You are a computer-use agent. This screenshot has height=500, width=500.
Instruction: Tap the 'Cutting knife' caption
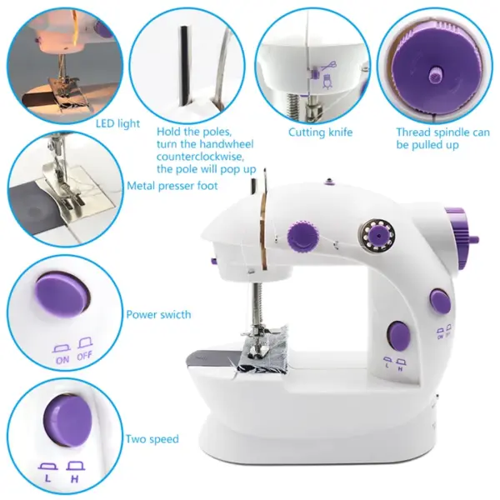point(320,132)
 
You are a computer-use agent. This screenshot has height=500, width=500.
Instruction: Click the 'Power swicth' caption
point(158,315)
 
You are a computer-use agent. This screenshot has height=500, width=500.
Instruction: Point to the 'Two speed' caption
point(152,439)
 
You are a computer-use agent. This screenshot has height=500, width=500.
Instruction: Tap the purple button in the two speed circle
point(66,419)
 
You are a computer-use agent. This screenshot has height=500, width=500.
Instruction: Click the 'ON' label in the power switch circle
point(61,361)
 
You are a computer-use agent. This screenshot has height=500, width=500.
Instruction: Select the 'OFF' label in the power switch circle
point(85,361)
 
